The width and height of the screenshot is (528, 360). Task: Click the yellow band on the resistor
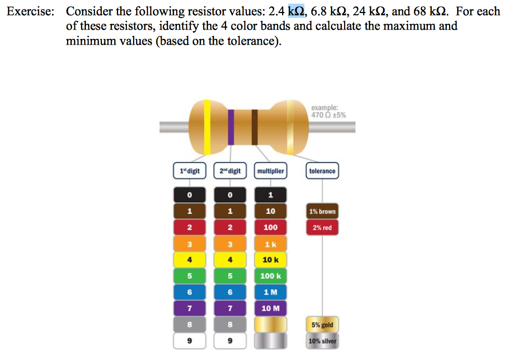[207, 127]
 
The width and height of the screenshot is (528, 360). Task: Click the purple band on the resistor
[231, 127]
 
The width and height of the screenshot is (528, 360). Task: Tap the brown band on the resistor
[255, 127]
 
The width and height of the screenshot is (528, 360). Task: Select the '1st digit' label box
[190, 171]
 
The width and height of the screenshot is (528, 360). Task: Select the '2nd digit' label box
[230, 171]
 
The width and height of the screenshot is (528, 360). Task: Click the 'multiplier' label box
[270, 171]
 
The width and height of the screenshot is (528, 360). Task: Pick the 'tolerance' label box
[322, 171]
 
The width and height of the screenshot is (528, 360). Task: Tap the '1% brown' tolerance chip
[322, 211]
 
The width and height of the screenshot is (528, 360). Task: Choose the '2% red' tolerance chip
[322, 228]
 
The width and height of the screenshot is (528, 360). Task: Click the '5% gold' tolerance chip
[322, 325]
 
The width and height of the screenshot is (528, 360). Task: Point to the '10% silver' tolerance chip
[322, 341]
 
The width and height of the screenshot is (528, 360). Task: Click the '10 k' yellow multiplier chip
[270, 260]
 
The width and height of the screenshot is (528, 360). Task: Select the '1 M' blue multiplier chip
[270, 292]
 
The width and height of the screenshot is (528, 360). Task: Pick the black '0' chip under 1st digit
[190, 195]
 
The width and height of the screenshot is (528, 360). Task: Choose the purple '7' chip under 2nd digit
[230, 309]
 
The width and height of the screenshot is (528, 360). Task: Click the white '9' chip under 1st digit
[190, 341]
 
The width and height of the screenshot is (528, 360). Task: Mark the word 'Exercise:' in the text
[30, 11]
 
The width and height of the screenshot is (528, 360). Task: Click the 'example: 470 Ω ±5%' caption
[328, 112]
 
